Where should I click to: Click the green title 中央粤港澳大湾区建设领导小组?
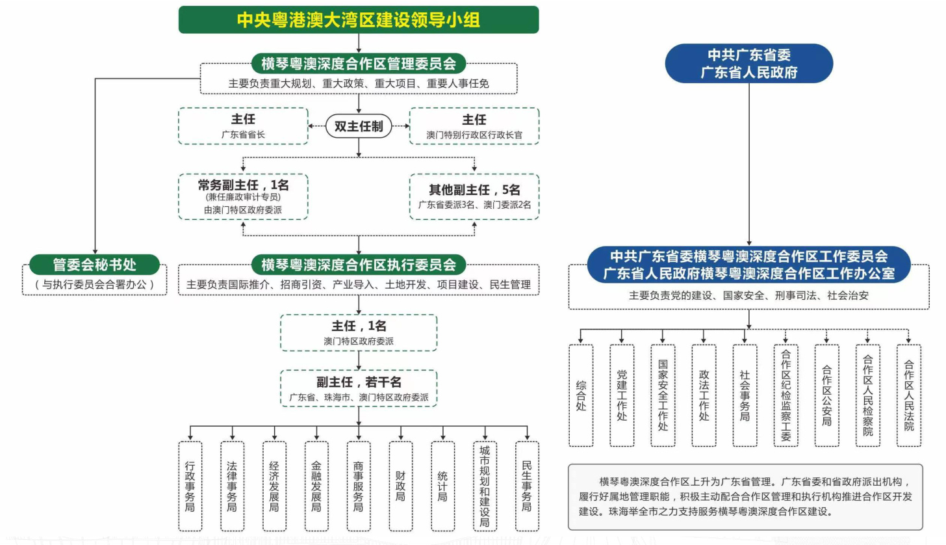click(359, 20)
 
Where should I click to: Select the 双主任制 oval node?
click(359, 127)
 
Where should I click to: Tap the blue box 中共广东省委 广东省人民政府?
click(748, 64)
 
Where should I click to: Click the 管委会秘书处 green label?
click(94, 265)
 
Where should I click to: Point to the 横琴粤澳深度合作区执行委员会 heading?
click(359, 265)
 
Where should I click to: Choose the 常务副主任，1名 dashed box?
click(243, 196)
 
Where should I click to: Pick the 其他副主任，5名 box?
click(474, 196)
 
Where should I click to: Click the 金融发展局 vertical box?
click(316, 486)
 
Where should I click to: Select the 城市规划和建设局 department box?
click(485, 486)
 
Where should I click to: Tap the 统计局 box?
click(443, 486)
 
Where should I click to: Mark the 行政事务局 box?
click(190, 486)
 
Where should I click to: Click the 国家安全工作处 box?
click(663, 395)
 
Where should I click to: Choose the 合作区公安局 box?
click(826, 395)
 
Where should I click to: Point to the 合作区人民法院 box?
click(909, 395)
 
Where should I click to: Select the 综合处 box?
click(581, 395)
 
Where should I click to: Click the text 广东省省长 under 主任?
click(243, 135)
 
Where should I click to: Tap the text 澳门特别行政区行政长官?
click(474, 135)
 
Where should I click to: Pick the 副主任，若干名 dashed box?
click(359, 388)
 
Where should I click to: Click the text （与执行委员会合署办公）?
click(94, 284)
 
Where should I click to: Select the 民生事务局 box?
click(527, 486)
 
